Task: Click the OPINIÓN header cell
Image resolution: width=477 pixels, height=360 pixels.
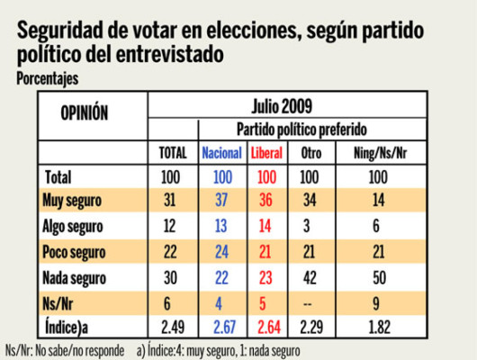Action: point(84,113)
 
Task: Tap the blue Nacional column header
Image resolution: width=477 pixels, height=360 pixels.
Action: point(221,153)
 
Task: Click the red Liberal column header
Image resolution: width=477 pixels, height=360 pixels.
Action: point(270,153)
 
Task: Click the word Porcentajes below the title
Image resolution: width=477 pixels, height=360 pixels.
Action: point(48,78)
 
